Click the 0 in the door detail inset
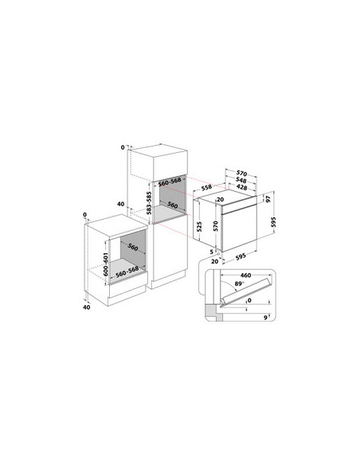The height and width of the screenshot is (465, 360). tap(248, 301)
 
